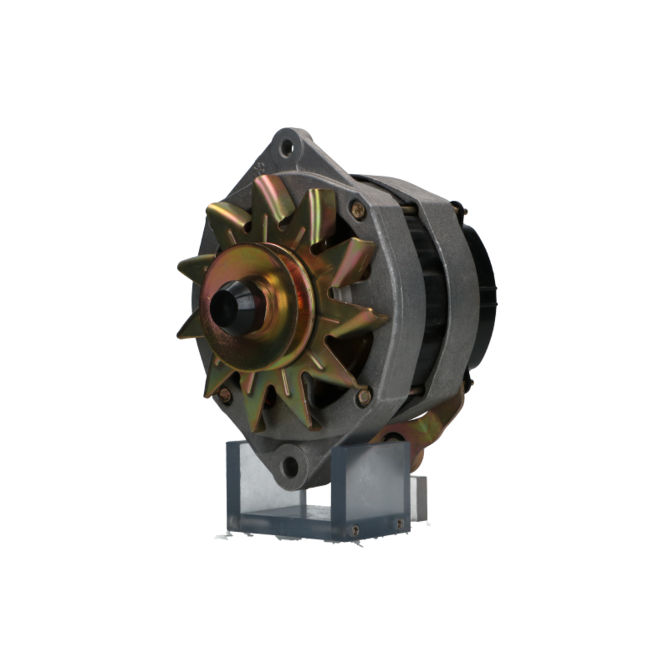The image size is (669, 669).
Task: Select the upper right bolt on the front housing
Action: click(x=359, y=210)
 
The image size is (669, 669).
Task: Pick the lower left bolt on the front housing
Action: click(x=224, y=395)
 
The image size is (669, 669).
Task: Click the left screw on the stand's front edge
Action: click(x=355, y=530)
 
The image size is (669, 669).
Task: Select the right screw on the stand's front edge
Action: click(x=399, y=524)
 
